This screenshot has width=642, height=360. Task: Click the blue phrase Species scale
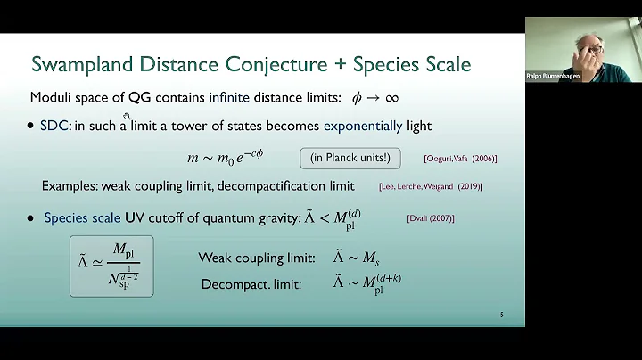86,217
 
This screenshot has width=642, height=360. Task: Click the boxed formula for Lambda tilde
111,266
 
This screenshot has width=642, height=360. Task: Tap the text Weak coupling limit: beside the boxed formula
256,258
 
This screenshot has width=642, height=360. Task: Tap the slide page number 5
502,315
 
